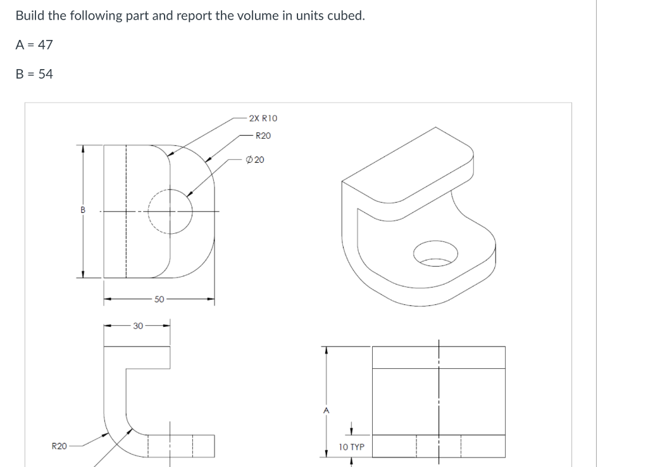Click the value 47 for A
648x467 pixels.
pyautogui.click(x=46, y=44)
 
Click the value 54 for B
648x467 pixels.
pyautogui.click(x=46, y=74)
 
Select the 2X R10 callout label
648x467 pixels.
pyautogui.click(x=263, y=118)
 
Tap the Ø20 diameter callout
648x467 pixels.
pyautogui.click(x=256, y=159)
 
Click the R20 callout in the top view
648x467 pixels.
pyautogui.click(x=263, y=136)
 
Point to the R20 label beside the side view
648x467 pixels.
pyautogui.click(x=58, y=446)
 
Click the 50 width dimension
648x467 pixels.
pyautogui.click(x=159, y=298)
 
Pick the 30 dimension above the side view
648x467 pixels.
pyautogui.click(x=137, y=326)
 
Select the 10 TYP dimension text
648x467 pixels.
pyautogui.click(x=351, y=447)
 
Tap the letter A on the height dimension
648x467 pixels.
pyautogui.click(x=326, y=411)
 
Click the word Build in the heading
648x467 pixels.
pyautogui.click(x=30, y=15)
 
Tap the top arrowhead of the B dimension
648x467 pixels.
pyautogui.click(x=81, y=148)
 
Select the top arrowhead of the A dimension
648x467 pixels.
pyautogui.click(x=326, y=349)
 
